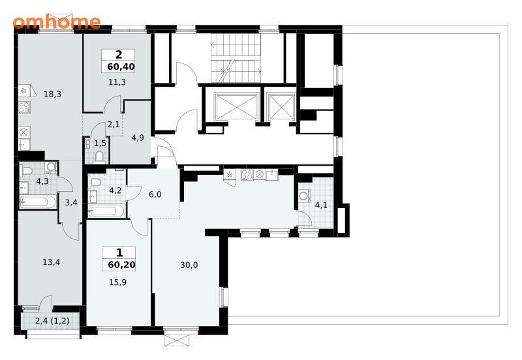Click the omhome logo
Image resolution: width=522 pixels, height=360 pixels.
(x=57, y=22)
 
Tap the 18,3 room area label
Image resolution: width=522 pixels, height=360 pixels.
(x=53, y=94)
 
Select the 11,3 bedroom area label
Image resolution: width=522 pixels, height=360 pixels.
(x=117, y=82)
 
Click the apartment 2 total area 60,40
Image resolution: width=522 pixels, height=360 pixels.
(x=121, y=67)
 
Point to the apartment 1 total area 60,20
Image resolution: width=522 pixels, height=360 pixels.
(x=121, y=265)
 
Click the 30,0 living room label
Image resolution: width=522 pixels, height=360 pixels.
(x=189, y=265)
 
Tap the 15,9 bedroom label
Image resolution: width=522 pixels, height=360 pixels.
(x=117, y=282)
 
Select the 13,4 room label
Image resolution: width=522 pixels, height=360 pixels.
(x=52, y=262)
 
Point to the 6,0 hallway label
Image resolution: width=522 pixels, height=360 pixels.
(x=155, y=194)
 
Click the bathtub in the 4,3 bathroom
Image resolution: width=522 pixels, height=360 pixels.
(x=38, y=202)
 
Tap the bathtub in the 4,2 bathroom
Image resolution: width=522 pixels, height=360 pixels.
(x=107, y=211)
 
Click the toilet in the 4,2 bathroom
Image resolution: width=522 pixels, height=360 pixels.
(x=95, y=182)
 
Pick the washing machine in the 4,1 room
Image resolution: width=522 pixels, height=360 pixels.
(x=305, y=196)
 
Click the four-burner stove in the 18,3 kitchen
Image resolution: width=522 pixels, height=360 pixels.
(x=24, y=107)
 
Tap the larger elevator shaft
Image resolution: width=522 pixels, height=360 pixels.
(x=237, y=107)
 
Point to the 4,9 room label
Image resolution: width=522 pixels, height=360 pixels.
(x=138, y=138)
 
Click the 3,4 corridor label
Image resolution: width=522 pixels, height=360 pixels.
(x=71, y=202)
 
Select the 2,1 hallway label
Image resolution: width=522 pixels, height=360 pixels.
(x=114, y=125)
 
